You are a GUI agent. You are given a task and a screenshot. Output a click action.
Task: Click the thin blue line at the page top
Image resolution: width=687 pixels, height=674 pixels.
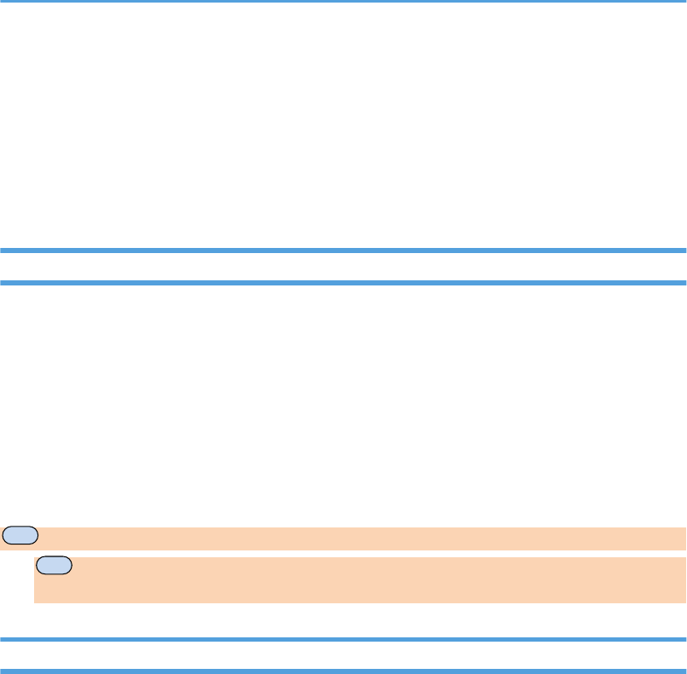click(343, 1)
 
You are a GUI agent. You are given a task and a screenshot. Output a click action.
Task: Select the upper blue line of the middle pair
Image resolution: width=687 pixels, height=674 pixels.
click(343, 251)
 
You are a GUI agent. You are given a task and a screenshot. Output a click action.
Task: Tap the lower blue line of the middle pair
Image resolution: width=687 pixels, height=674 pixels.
click(343, 282)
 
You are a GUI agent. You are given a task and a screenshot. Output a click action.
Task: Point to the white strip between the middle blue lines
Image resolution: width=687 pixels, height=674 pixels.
click(343, 267)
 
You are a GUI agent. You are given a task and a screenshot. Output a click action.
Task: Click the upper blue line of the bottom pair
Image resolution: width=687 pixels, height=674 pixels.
click(343, 639)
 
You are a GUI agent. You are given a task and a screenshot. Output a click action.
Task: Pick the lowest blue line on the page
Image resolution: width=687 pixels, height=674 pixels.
click(343, 671)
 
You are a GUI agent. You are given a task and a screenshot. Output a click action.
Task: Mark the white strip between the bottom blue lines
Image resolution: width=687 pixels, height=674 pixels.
click(343, 655)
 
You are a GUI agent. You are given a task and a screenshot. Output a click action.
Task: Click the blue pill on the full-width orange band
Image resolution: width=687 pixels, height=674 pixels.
click(20, 536)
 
